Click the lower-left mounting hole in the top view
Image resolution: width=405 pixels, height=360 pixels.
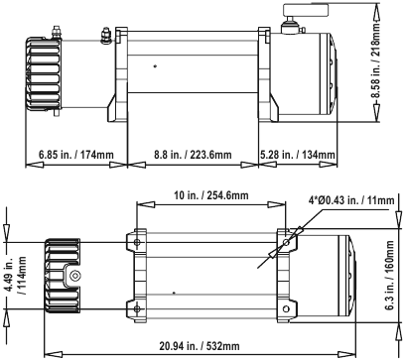click(135, 308)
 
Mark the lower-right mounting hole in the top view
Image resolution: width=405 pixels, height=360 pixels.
click(288, 308)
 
